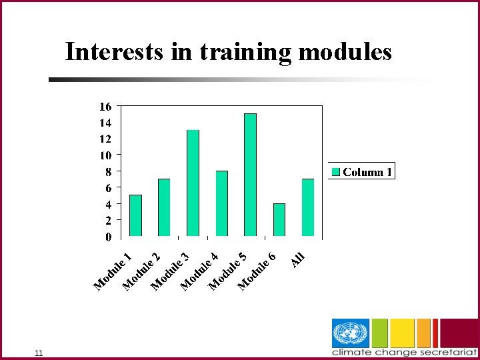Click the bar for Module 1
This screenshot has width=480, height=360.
[135, 215]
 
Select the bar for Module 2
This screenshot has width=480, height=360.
[164, 207]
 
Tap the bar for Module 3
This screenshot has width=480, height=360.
[193, 183]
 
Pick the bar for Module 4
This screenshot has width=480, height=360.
[221, 203]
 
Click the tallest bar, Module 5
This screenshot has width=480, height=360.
[250, 175]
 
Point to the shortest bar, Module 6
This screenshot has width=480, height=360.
[279, 219]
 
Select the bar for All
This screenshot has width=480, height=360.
[308, 207]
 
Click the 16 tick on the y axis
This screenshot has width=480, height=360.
[105, 107]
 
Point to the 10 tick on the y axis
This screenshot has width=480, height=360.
[105, 155]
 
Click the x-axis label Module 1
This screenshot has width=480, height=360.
[113, 272]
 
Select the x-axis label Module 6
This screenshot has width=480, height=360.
[257, 272]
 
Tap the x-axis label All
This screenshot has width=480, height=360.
[297, 258]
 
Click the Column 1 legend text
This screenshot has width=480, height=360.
[367, 172]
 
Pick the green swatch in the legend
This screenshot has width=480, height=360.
[337, 172]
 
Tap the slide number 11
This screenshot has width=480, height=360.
[39, 353]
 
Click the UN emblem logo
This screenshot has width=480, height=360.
[350, 333]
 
